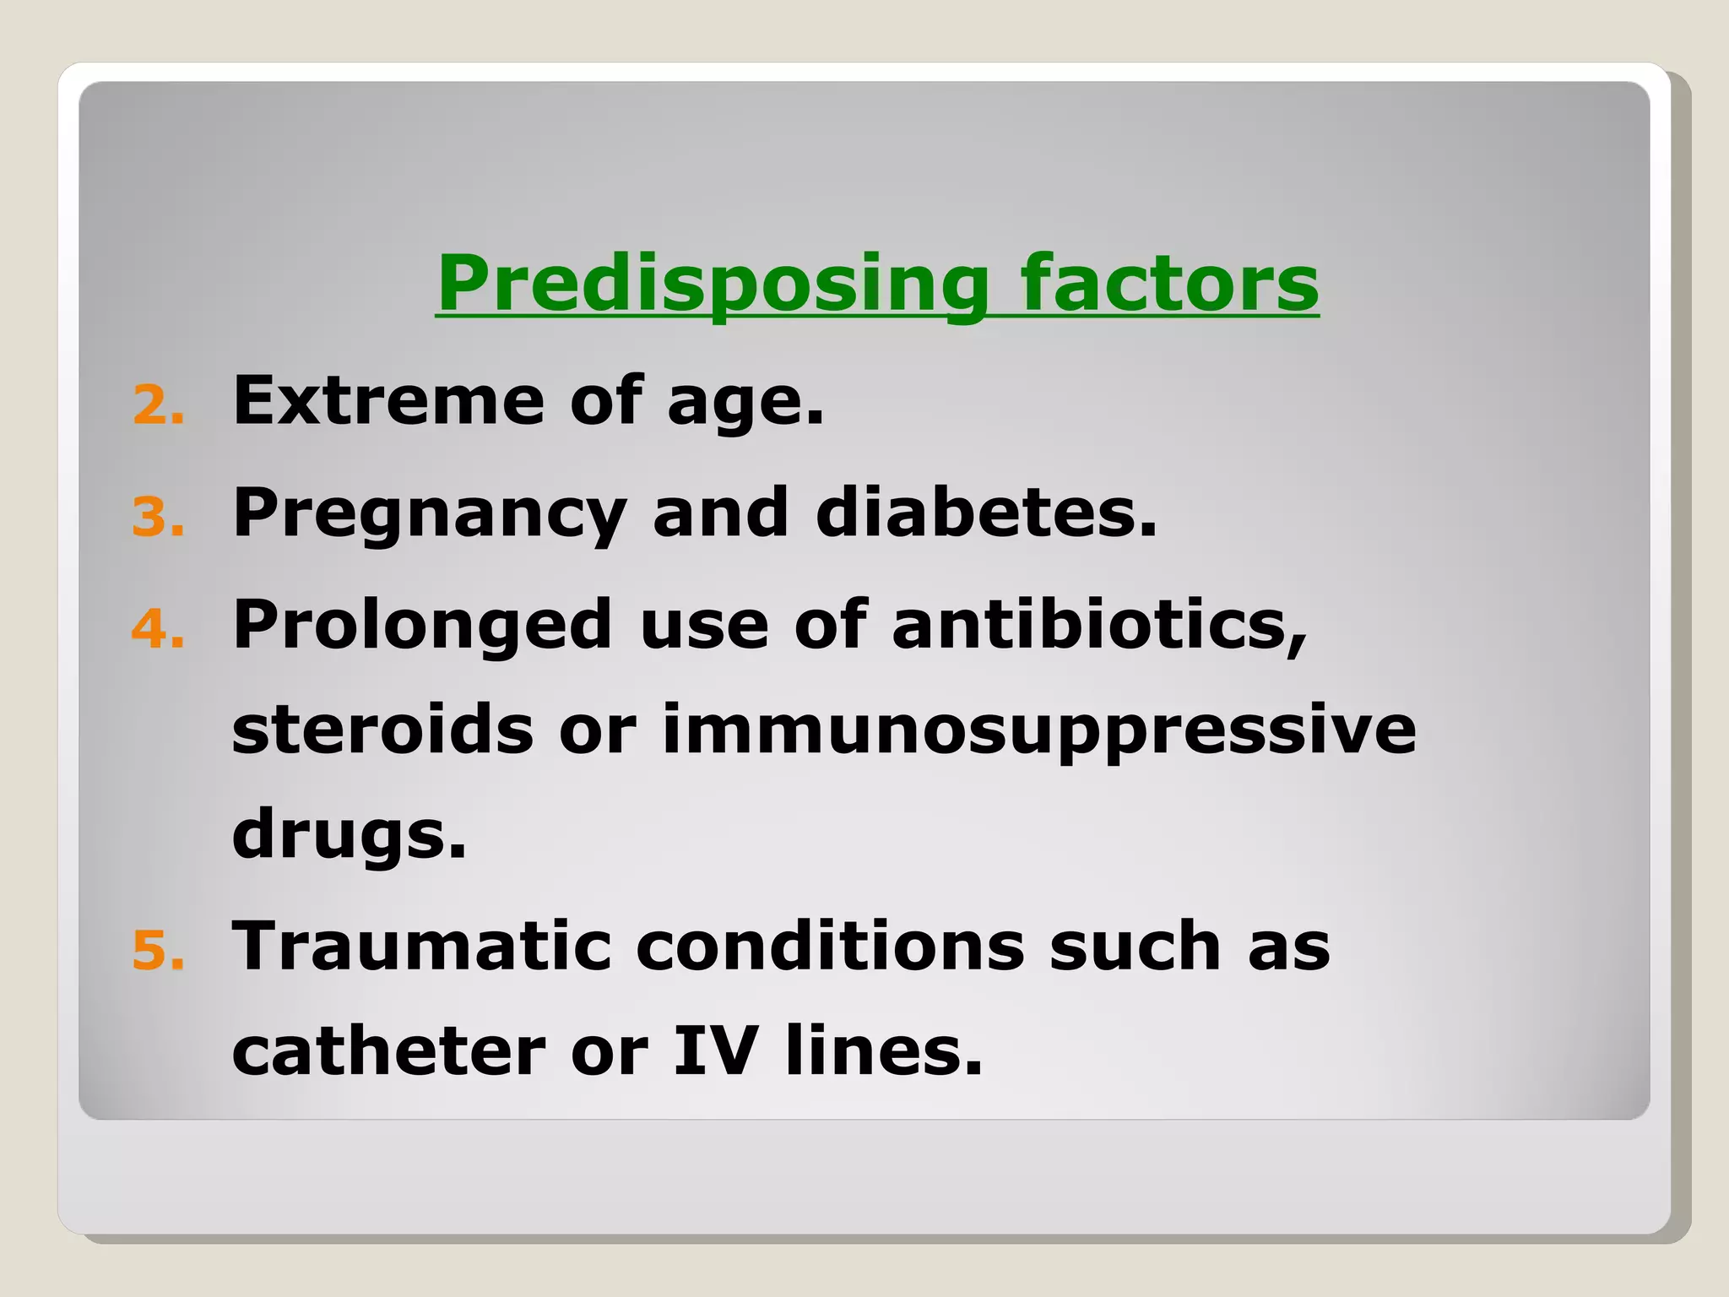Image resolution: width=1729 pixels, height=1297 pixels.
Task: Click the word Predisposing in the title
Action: (x=712, y=284)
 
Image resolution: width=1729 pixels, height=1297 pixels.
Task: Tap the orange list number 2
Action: (x=157, y=405)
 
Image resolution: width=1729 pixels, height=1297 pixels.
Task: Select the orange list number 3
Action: (x=157, y=517)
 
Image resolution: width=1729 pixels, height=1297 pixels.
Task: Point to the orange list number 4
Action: (x=157, y=630)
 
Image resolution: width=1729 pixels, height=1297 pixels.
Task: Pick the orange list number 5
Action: (x=157, y=950)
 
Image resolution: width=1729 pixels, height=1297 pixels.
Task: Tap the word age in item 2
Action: (x=743, y=404)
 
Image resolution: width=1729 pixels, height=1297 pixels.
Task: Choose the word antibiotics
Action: (x=1098, y=625)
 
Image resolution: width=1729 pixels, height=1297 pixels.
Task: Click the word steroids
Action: (x=382, y=730)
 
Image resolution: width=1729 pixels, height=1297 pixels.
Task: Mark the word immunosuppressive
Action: (x=1038, y=731)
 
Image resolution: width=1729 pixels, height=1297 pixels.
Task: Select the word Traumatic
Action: (x=421, y=946)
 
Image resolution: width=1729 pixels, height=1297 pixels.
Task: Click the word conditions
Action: (x=830, y=946)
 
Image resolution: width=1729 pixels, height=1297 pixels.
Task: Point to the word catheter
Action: (x=388, y=1052)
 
